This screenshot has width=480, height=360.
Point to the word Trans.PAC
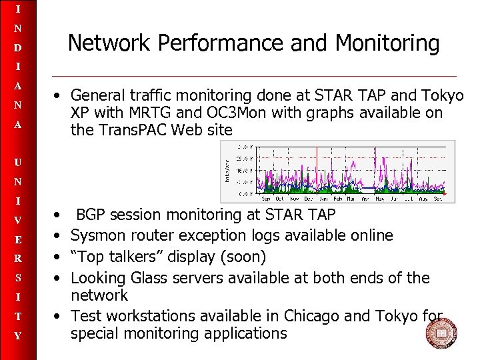127,131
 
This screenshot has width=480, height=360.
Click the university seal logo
441,332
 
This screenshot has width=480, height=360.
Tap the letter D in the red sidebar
18,48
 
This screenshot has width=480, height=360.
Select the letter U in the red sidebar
18,162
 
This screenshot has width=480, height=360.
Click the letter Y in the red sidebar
18,336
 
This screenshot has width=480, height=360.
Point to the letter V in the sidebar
18,220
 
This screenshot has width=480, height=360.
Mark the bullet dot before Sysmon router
60,236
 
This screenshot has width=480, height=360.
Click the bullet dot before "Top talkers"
60,257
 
